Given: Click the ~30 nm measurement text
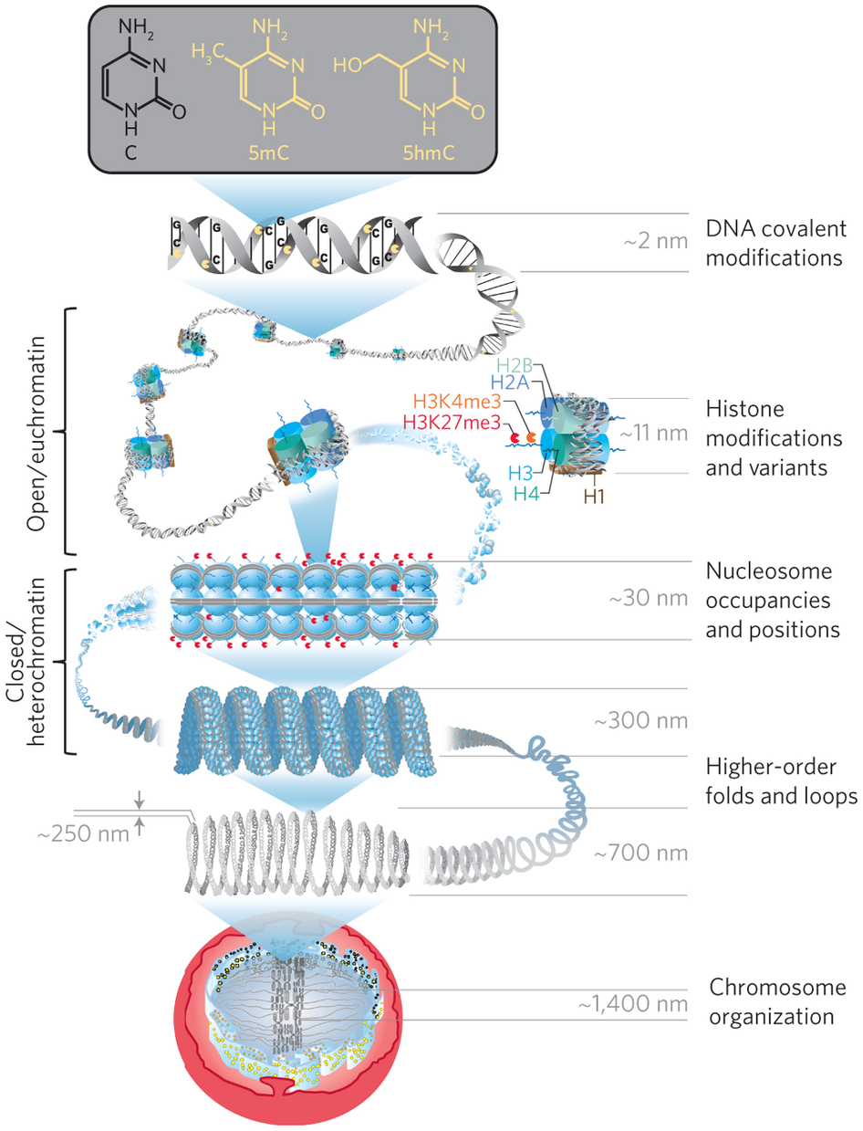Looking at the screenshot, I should point(643,600).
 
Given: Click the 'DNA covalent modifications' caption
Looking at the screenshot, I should point(775,242).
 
